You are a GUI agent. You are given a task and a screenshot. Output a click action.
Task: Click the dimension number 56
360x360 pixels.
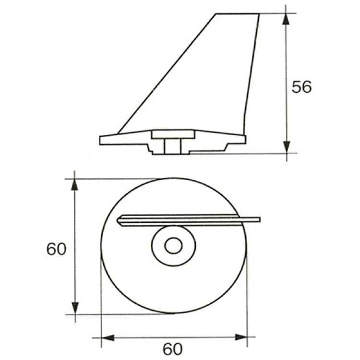[x=301, y=87]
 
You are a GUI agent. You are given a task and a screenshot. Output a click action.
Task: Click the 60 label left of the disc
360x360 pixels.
[x=56, y=249]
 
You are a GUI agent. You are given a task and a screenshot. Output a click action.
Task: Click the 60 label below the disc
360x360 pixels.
[x=173, y=349]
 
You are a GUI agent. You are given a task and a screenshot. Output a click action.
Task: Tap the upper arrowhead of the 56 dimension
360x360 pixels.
[x=286, y=19]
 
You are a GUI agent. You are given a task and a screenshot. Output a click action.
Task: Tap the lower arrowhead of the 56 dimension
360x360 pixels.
[x=287, y=147]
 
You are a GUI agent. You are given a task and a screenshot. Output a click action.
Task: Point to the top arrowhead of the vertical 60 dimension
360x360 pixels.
[x=74, y=184]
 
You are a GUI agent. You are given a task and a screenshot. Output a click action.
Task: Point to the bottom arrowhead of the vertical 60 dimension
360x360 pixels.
[x=75, y=308]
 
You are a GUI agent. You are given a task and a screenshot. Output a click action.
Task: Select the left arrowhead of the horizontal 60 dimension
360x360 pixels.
[x=108, y=338]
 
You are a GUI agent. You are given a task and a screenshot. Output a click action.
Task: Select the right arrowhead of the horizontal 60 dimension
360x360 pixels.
[x=241, y=337]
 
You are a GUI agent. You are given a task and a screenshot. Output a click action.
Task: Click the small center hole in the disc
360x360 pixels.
[x=173, y=246]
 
